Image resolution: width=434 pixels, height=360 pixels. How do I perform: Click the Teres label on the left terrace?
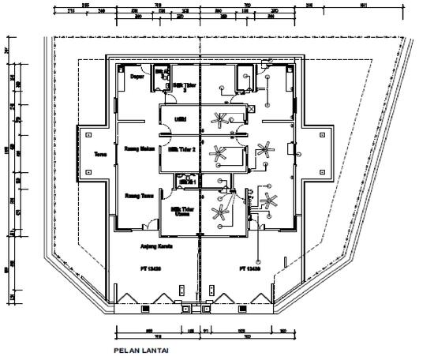pos(100,154)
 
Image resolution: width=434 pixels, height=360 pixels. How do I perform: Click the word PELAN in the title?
pos(127,347)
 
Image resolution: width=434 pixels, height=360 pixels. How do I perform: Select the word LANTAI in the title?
pos(155,347)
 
